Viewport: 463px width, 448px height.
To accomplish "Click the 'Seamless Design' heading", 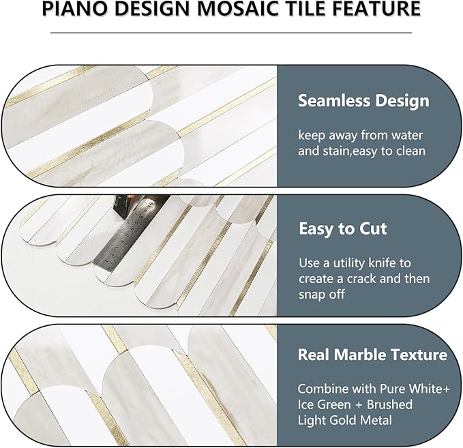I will [363, 101].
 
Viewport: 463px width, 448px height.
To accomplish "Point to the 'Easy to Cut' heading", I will [342, 228].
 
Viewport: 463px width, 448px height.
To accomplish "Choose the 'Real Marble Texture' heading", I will [372, 355].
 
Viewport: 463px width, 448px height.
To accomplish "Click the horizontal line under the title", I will [231, 32].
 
